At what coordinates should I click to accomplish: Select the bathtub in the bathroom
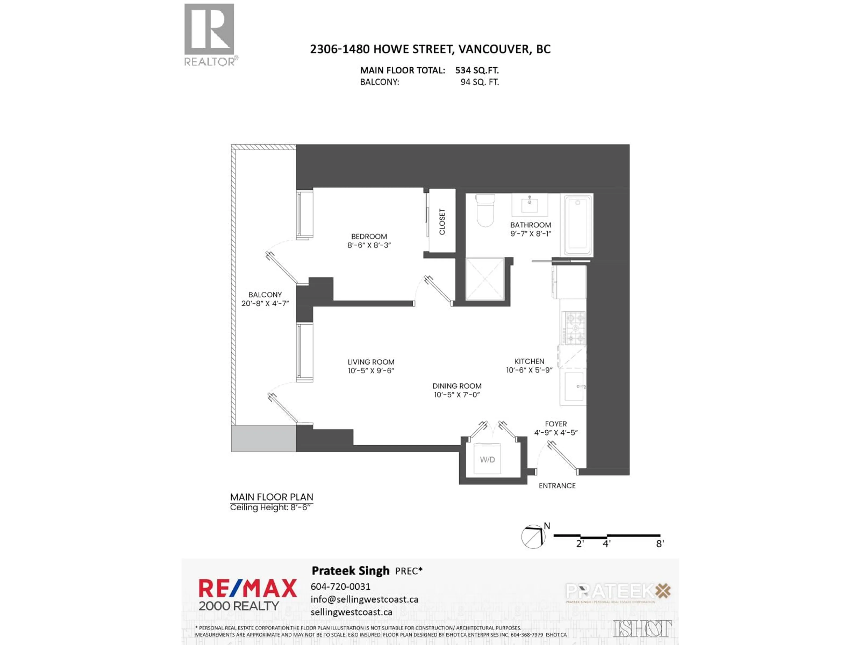[578, 225]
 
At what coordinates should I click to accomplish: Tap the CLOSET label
[442, 222]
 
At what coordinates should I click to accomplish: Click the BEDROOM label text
[369, 236]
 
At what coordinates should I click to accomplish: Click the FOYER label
[556, 424]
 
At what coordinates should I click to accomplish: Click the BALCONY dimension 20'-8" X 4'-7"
[265, 303]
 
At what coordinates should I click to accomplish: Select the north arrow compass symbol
[533, 537]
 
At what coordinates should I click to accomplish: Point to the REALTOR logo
[210, 35]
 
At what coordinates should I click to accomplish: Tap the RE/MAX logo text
[248, 588]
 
